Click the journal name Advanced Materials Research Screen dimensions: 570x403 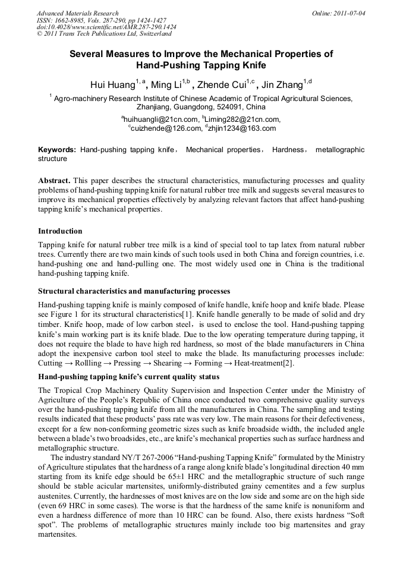77,13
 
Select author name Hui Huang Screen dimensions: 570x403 112,84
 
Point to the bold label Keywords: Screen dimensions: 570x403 57,150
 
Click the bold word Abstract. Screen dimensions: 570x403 55,180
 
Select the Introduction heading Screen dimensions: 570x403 60,231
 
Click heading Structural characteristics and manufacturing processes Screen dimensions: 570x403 134,291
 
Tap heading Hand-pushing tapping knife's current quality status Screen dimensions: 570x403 129,377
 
